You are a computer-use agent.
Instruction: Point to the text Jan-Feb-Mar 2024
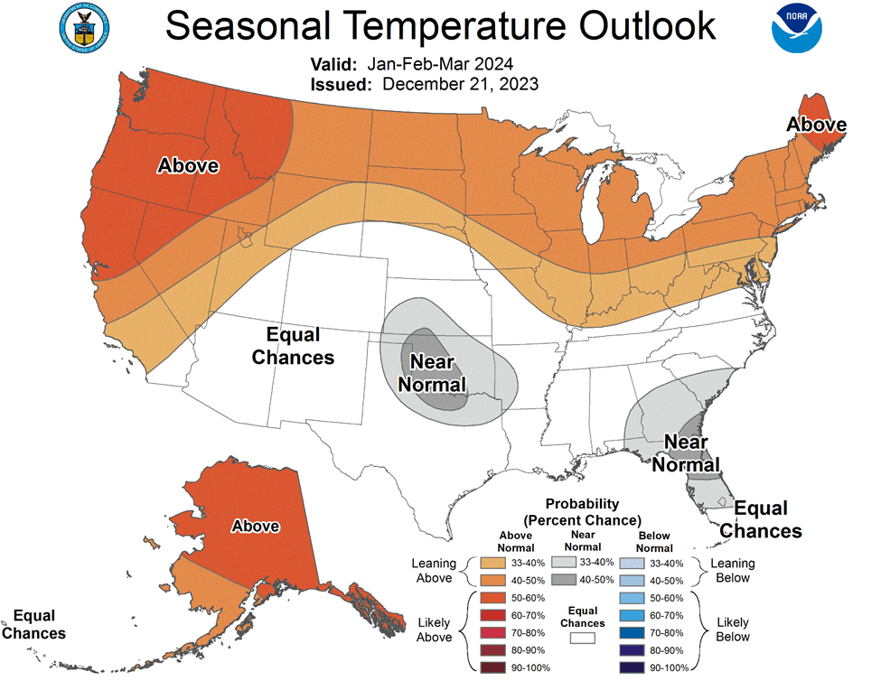(x=439, y=64)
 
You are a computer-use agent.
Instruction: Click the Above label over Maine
(x=815, y=125)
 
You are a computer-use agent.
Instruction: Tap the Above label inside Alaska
(x=256, y=526)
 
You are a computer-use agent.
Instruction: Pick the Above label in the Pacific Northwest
(x=188, y=165)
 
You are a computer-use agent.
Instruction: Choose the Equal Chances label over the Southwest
(x=293, y=346)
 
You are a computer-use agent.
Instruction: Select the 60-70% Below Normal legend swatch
(x=636, y=615)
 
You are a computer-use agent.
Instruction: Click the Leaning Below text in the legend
(x=732, y=571)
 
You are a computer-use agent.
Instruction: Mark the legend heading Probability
(x=582, y=504)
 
